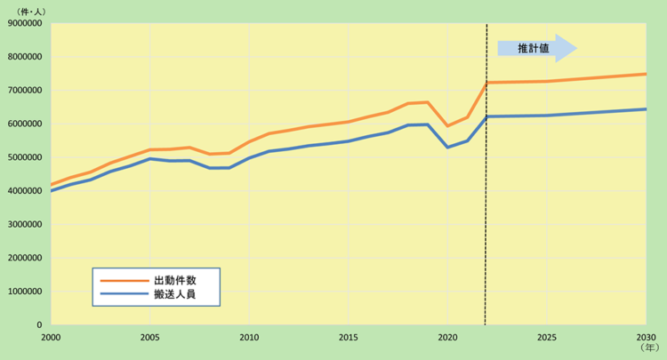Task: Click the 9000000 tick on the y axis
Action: [x=25, y=23]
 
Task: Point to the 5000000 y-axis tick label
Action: [x=25, y=157]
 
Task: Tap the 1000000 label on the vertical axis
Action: [x=25, y=292]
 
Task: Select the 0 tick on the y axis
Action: [x=41, y=325]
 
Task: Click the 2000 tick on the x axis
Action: [x=51, y=338]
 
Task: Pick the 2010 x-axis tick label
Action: [x=249, y=338]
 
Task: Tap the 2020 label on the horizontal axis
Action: [x=447, y=338]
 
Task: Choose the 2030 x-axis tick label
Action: [x=646, y=338]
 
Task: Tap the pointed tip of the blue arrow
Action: [x=577, y=49]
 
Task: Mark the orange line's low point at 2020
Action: [x=447, y=126]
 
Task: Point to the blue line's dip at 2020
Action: [x=447, y=147]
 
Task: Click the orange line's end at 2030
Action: [x=646, y=74]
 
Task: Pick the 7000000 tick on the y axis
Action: [x=25, y=91]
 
